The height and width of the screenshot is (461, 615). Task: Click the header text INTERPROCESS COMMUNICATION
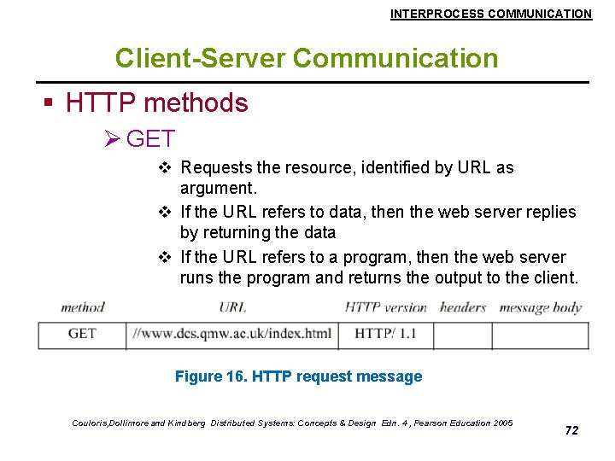click(x=490, y=14)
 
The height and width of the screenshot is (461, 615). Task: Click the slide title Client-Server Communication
click(x=307, y=58)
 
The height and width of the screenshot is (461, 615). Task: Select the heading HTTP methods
click(x=156, y=103)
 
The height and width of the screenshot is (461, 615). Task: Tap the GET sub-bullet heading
click(x=150, y=138)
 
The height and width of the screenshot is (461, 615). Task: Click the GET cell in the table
click(x=82, y=334)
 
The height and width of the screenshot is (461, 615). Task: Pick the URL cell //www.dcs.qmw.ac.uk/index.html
click(x=231, y=334)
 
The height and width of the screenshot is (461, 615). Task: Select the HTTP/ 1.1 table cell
click(x=385, y=334)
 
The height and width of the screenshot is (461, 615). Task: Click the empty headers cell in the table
click(x=462, y=335)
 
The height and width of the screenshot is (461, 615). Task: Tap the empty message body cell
click(x=540, y=335)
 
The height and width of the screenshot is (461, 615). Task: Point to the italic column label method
click(x=83, y=307)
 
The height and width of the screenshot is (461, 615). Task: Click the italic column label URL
click(x=232, y=307)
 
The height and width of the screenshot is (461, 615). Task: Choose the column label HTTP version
click(x=385, y=307)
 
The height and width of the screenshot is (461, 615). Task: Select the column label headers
click(x=462, y=307)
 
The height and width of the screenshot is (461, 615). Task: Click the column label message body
click(x=540, y=307)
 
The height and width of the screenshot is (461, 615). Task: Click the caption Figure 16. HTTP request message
click(x=298, y=376)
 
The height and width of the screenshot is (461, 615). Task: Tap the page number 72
click(x=571, y=430)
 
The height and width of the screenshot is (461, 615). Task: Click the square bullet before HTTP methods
click(x=49, y=104)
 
